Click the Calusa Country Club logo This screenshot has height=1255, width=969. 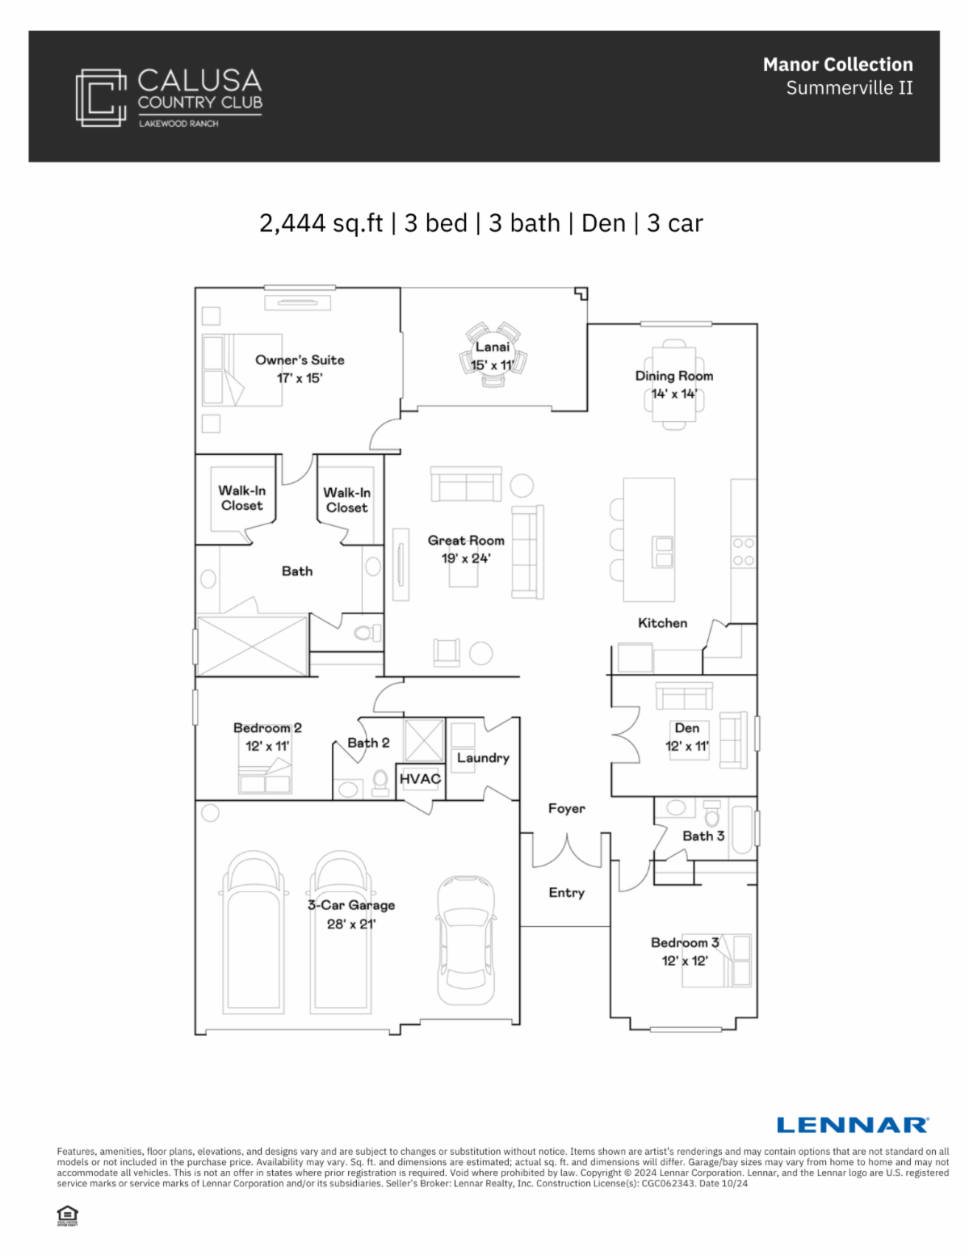(x=169, y=98)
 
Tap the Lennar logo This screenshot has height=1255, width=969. (x=853, y=1125)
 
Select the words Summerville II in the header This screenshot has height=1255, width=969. (x=849, y=88)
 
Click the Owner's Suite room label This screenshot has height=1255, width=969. (x=300, y=360)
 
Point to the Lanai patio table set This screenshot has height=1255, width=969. (x=493, y=355)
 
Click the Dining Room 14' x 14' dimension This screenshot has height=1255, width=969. (x=674, y=394)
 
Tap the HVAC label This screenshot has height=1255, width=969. (x=420, y=778)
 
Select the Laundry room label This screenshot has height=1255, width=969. (x=483, y=758)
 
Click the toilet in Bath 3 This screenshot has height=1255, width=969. (x=712, y=813)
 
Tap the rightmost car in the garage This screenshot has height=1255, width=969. (x=466, y=941)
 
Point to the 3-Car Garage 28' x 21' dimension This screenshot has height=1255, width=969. (x=351, y=924)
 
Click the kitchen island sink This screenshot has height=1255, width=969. (x=663, y=552)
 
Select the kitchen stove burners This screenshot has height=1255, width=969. (x=744, y=552)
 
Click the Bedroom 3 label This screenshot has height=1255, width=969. (x=685, y=942)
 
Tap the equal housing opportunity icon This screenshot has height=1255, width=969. (x=68, y=1215)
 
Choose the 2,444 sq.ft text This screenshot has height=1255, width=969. (x=321, y=224)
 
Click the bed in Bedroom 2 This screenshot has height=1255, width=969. (x=265, y=775)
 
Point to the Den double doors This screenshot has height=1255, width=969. (x=626, y=735)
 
